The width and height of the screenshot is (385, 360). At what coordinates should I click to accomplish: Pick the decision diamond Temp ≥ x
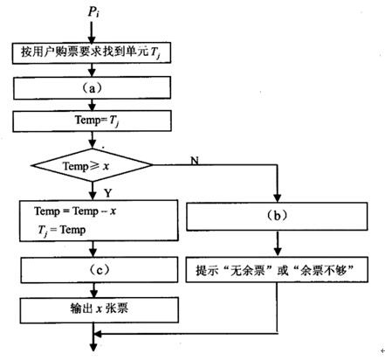(93, 164)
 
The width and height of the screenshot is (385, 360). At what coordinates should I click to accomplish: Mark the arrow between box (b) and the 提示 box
(278, 244)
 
